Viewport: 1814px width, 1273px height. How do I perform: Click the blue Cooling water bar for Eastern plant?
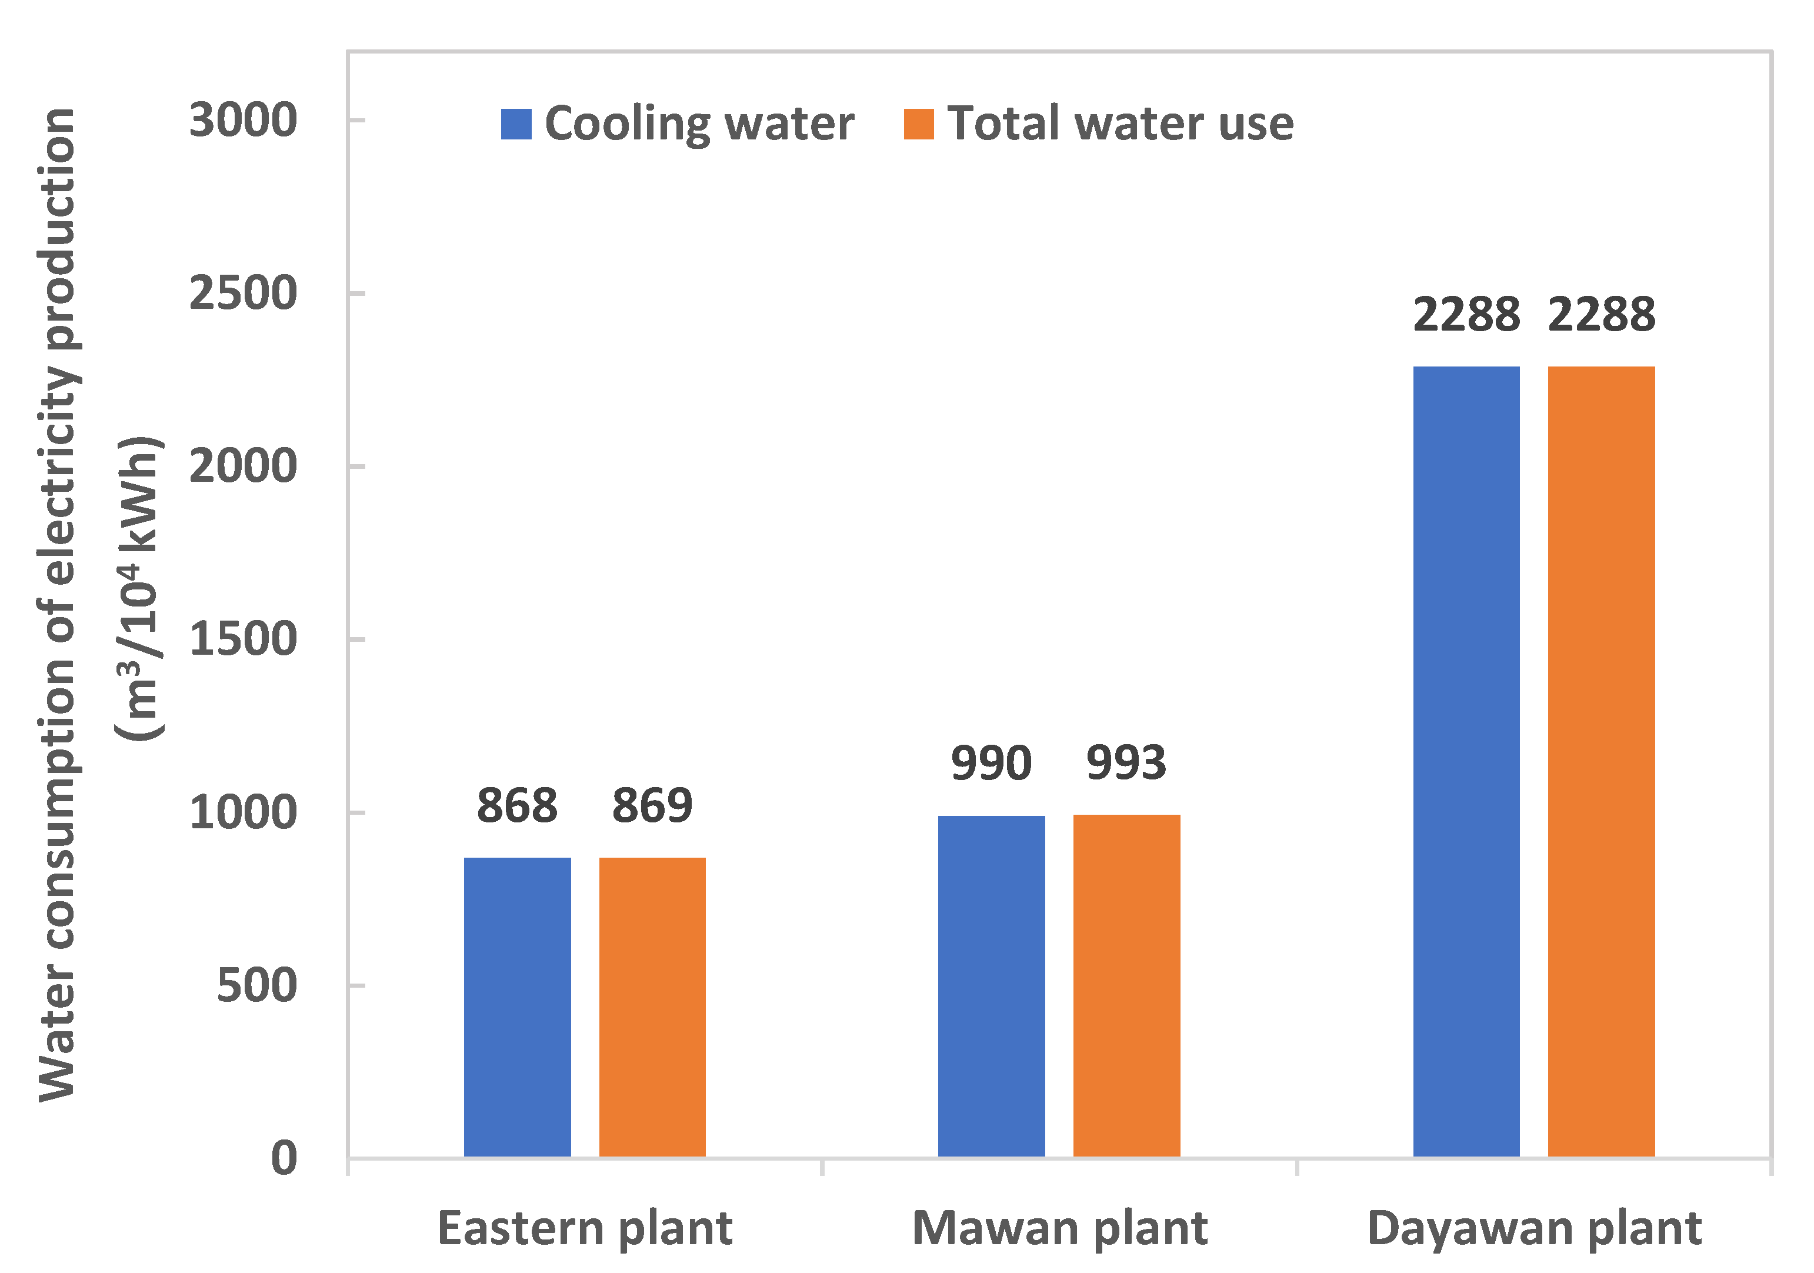tap(518, 1008)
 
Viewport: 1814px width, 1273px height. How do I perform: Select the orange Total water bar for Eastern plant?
tap(652, 1008)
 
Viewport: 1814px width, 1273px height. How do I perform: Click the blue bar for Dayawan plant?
tap(1466, 762)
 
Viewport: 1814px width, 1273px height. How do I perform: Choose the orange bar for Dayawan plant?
tap(1602, 762)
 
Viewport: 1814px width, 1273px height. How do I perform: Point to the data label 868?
tap(518, 805)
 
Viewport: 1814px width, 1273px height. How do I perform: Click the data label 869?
tap(652, 805)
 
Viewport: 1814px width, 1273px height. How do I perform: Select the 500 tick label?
tap(257, 985)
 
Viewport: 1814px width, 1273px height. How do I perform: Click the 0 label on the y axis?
tap(285, 1158)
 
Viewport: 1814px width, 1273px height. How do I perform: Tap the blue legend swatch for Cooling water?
tap(516, 124)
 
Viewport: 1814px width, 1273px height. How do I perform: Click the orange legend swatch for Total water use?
tap(919, 124)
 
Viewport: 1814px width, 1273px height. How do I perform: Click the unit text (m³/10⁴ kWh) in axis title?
tap(141, 589)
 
